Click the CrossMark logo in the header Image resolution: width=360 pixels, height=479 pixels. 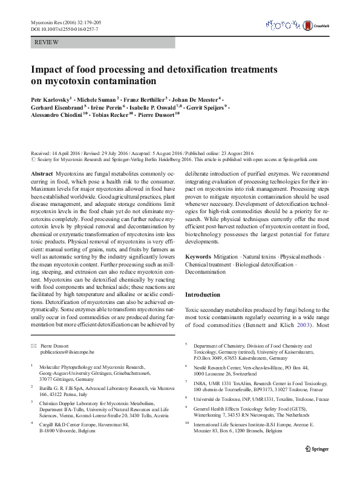(x=320, y=25)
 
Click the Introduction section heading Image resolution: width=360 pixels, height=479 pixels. (x=203, y=294)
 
